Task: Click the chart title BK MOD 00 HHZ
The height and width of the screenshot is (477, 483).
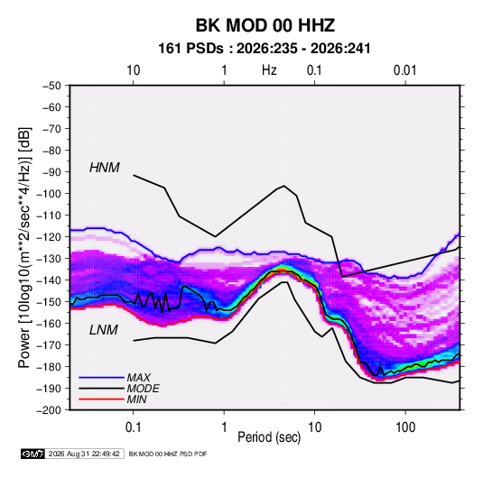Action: [265, 25]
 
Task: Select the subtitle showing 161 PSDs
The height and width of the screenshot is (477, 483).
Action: [265, 49]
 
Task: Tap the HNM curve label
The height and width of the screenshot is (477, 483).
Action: [105, 168]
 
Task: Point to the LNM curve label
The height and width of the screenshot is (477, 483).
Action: [104, 330]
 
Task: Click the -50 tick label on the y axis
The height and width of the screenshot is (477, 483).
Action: [51, 86]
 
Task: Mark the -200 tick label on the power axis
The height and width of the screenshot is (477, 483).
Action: [49, 410]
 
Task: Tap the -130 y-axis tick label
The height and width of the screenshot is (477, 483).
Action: [49, 259]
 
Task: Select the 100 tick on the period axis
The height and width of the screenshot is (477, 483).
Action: [405, 427]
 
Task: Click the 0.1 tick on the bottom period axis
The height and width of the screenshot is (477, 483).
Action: [133, 427]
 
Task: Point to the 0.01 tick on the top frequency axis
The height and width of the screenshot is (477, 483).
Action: [404, 70]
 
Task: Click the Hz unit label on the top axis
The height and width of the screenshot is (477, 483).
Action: [269, 70]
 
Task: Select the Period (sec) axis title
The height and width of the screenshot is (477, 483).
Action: [269, 437]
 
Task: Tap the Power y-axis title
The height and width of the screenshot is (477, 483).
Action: [24, 248]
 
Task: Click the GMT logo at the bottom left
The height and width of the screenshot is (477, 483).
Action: [33, 454]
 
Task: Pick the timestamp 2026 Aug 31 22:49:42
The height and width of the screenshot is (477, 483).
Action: [84, 454]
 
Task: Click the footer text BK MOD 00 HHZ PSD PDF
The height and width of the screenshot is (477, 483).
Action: [168, 454]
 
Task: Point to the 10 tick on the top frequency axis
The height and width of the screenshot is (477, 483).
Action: [133, 70]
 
